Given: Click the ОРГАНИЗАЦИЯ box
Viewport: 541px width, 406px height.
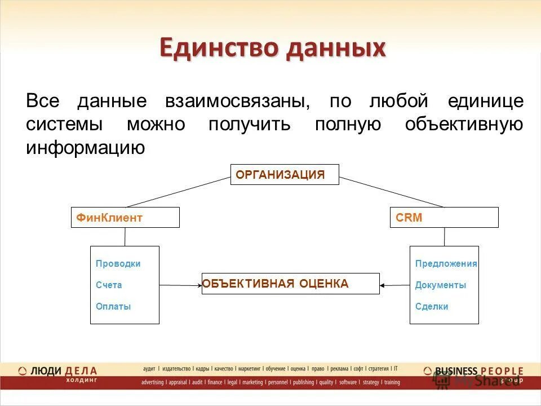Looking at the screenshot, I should click(285, 174).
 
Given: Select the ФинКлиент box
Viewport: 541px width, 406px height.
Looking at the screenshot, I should click(125, 217).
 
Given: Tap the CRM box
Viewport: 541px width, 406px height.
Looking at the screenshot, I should click(444, 217).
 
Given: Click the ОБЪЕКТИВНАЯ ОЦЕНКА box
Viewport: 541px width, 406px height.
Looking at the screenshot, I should click(291, 284).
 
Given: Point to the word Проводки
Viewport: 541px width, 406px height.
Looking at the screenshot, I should click(118, 263).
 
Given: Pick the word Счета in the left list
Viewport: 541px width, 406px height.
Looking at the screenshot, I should click(109, 285).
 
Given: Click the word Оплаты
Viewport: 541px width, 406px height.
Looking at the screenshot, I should click(113, 307).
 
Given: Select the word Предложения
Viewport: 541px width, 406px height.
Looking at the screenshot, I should click(446, 263).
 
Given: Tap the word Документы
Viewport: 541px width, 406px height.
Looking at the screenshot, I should click(440, 285).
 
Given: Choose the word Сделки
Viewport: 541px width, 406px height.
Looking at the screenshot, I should click(432, 307).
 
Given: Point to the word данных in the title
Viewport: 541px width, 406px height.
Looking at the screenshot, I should click(335, 48).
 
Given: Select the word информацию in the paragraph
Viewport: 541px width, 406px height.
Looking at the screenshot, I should click(86, 148).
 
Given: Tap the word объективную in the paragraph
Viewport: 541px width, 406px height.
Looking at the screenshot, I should click(464, 125).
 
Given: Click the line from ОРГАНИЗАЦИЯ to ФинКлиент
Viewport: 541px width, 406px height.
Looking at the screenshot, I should click(178, 192).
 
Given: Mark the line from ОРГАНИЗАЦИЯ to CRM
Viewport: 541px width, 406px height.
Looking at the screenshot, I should click(392, 192).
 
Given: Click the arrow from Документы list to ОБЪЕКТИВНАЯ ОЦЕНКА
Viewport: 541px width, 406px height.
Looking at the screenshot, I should click(394, 285).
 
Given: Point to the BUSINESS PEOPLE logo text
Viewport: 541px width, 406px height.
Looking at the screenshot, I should click(479, 371).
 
